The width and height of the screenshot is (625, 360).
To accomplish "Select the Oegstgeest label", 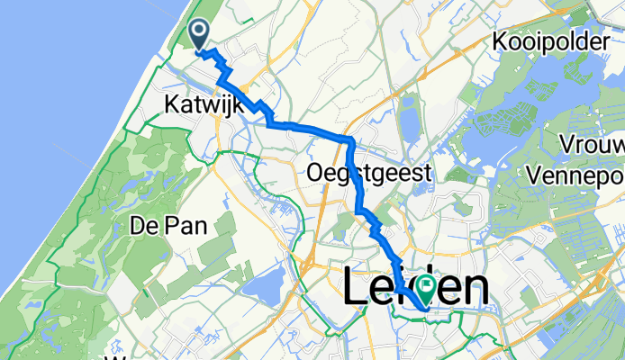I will [x=370, y=171].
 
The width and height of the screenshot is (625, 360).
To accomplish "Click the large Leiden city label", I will [x=416, y=290].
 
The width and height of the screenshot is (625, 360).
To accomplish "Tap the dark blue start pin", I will [x=199, y=36].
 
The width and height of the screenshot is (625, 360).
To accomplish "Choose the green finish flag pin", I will [x=422, y=288].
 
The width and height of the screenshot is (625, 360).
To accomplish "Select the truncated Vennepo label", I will [x=586, y=171].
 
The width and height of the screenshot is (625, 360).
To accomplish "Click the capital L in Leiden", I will [x=355, y=290].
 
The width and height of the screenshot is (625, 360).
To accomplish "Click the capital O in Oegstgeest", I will [x=316, y=171].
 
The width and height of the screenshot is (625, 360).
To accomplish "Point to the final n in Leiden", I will [x=477, y=290].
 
